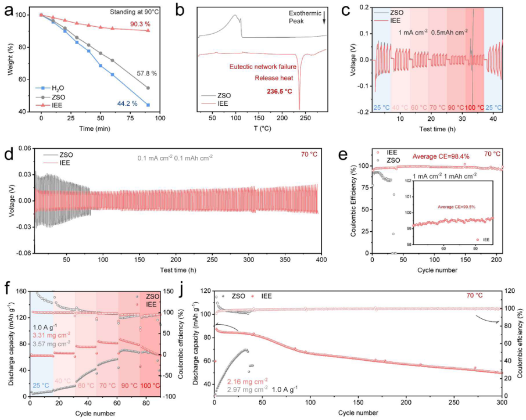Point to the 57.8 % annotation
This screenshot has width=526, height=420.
point(146,73)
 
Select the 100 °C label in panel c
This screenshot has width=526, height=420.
point(474,108)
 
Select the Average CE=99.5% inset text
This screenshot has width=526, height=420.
point(447,206)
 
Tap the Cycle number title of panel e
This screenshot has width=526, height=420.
point(437,271)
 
